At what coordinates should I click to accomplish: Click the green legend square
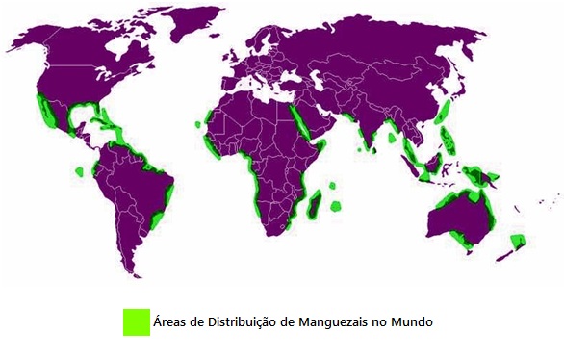coord(136,322)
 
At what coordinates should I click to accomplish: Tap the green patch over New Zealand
coord(518,241)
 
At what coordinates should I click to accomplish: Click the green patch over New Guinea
coord(481,177)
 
